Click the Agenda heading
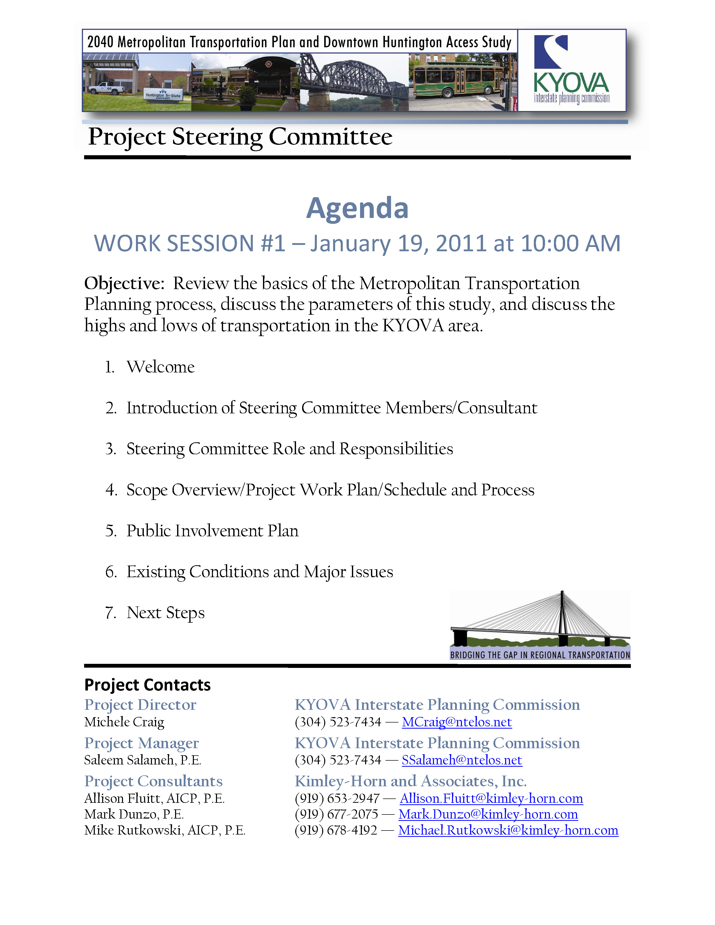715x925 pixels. click(357, 208)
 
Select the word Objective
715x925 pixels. click(124, 283)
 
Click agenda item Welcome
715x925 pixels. click(161, 367)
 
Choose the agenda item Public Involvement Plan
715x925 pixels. click(212, 531)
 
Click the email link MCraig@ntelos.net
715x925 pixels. click(457, 722)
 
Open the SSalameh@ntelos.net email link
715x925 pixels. click(462, 760)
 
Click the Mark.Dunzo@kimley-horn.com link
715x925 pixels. click(488, 814)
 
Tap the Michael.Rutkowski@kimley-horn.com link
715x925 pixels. click(508, 830)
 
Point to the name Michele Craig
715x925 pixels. click(124, 722)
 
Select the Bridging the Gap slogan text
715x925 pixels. click(540, 655)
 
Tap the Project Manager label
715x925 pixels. click(142, 743)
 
